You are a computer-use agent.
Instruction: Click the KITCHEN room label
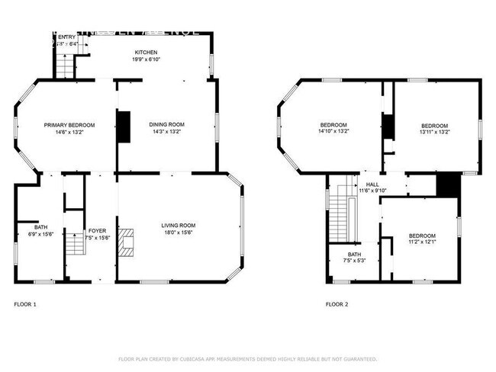click(x=146, y=52)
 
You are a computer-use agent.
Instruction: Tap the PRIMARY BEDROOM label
click(x=69, y=125)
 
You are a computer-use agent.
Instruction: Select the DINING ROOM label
click(x=166, y=125)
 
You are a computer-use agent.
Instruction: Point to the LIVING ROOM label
click(x=178, y=225)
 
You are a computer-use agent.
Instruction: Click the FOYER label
click(x=98, y=230)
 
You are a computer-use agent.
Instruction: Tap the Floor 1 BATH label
click(x=40, y=226)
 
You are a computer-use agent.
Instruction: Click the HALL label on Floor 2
click(x=372, y=184)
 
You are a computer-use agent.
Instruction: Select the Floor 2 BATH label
click(x=354, y=255)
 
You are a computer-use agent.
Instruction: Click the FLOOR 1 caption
click(x=25, y=304)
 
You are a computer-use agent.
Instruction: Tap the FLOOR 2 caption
click(x=337, y=304)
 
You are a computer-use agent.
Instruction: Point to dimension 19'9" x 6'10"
click(x=146, y=59)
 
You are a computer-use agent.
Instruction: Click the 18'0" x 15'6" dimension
click(x=178, y=232)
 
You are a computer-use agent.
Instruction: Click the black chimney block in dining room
click(x=124, y=127)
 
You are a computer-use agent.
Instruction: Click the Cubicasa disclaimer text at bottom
click(x=247, y=358)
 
